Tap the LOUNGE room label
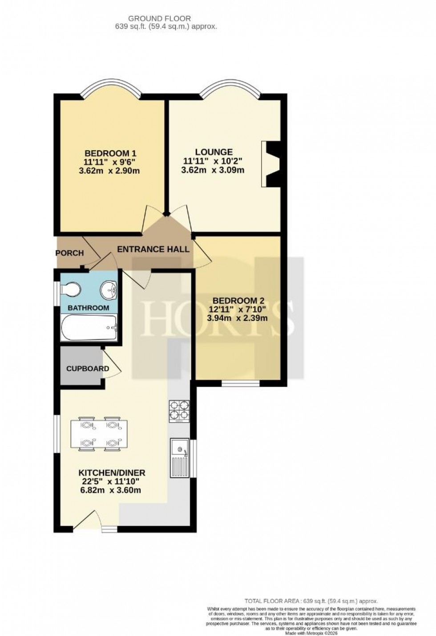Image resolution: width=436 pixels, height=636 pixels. [214, 152]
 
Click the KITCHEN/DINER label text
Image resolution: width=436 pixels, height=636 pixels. [112, 473]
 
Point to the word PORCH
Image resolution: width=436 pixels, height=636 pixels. [69, 253]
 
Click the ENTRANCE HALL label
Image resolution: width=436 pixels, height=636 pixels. [153, 249]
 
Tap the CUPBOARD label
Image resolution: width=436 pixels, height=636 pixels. [88, 368]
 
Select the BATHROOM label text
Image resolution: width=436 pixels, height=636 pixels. [88, 308]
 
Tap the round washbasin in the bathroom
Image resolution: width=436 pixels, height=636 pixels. [109, 290]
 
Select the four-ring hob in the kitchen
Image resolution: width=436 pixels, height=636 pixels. [179, 411]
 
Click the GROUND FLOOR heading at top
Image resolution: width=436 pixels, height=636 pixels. [159, 18]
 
